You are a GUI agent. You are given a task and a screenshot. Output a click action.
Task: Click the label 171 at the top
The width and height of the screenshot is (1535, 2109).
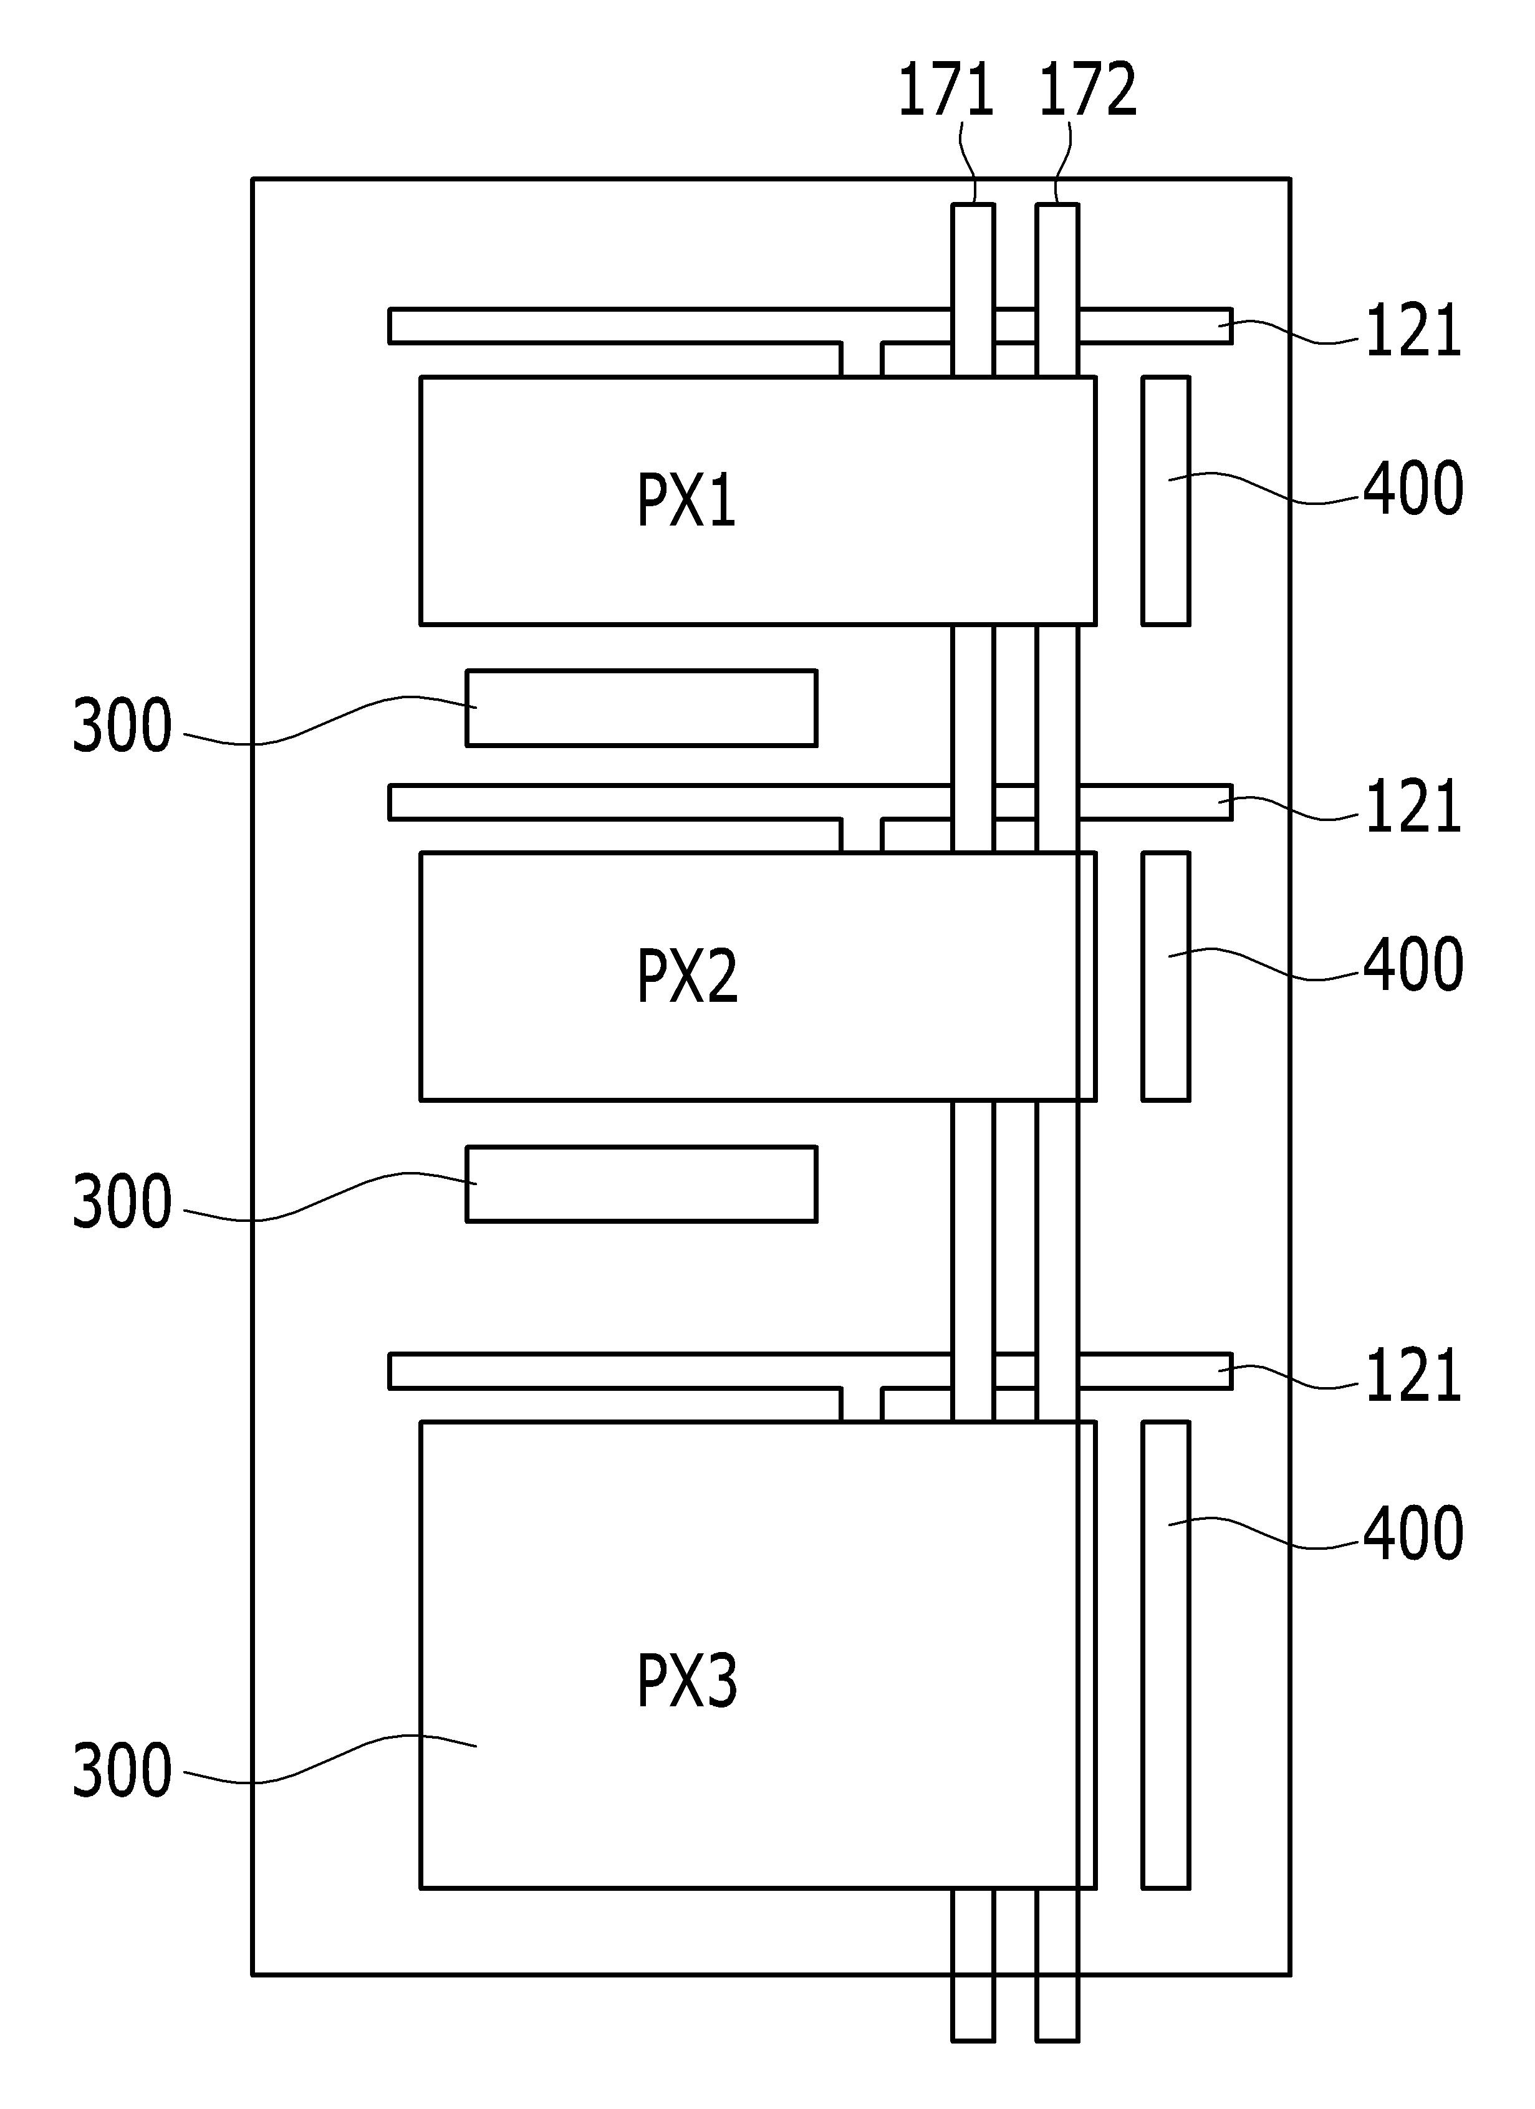coord(946,90)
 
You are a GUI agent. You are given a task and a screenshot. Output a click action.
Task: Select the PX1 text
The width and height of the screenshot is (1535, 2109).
coord(686,500)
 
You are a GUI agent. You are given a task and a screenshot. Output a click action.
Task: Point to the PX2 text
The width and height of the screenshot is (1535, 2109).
coord(687,976)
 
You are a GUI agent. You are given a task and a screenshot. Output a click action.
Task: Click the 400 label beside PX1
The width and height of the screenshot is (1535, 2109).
coord(1413,488)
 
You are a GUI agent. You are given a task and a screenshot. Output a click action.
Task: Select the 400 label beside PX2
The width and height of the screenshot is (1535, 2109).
coord(1413,964)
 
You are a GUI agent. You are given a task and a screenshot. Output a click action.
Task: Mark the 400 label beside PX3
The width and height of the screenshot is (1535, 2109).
coord(1413,1534)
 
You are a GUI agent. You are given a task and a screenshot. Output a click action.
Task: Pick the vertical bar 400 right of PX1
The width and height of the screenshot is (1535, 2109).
coord(1166,500)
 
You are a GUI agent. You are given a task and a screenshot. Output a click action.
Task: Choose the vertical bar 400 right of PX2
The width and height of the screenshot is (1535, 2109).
coord(1166,976)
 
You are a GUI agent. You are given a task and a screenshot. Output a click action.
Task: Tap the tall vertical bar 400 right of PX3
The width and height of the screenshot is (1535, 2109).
coord(1166,1655)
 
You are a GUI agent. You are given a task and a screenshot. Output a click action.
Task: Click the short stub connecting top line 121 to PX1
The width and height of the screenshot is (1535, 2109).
coord(862,359)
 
